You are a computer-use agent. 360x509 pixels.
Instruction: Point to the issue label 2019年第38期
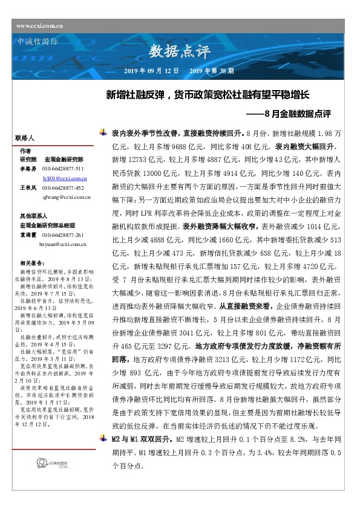211,71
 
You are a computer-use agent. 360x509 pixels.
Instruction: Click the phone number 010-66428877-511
62,168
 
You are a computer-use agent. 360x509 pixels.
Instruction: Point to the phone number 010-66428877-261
62,235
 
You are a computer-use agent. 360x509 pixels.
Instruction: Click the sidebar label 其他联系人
32,215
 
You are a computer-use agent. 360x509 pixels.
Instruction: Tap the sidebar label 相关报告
30,263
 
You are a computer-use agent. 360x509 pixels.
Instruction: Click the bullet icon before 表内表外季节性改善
105,131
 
